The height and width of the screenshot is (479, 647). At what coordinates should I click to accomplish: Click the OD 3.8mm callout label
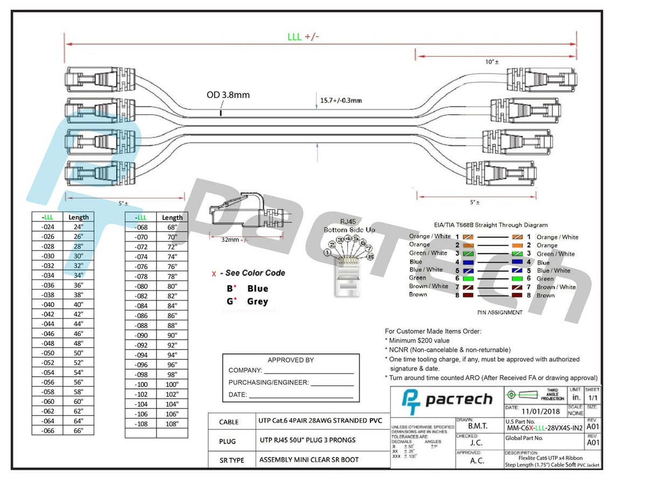228,95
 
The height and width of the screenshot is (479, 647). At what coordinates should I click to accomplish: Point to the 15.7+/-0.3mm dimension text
341,100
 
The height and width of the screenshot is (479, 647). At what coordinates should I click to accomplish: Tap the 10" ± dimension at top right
491,62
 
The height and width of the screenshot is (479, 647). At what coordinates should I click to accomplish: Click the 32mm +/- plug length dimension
234,240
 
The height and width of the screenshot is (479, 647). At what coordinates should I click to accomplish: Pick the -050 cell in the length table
47,352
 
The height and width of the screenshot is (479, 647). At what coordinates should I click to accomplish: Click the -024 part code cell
47,227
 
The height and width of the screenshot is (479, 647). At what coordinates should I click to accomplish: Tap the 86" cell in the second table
172,316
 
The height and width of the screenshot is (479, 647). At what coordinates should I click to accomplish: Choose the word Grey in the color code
257,302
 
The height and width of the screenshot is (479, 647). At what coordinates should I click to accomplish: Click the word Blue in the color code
257,289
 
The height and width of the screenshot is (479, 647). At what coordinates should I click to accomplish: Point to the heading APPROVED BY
291,360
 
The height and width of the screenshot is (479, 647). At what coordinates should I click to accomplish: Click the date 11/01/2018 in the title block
540,412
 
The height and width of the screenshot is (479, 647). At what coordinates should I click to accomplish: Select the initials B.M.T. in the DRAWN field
477,426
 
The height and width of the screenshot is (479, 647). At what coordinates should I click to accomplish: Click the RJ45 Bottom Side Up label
349,226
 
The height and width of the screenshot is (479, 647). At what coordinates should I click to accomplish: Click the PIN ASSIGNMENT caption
500,312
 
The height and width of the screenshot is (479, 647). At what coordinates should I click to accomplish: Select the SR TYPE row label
231,460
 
